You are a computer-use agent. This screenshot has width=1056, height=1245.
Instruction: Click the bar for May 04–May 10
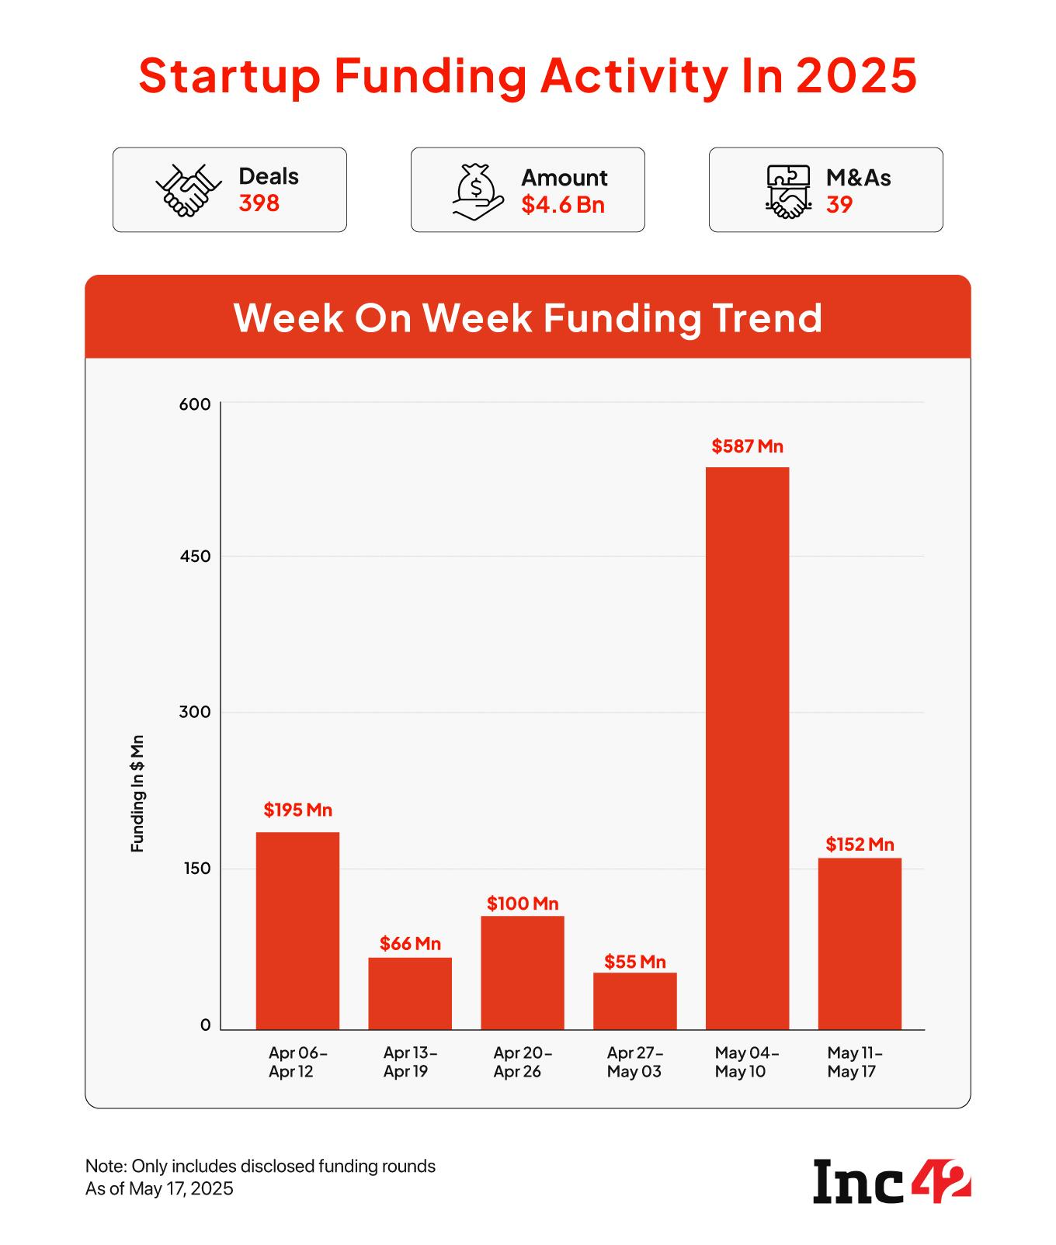click(x=747, y=748)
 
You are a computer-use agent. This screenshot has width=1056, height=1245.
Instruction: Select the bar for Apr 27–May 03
click(x=634, y=1001)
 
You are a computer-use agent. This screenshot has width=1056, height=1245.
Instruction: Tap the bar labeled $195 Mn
click(x=297, y=931)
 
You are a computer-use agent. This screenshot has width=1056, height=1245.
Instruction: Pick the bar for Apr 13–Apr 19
click(x=410, y=994)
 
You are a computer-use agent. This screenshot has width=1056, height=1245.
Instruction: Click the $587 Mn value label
click(x=747, y=446)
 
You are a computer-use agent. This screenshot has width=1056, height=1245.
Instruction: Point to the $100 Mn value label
click(x=523, y=903)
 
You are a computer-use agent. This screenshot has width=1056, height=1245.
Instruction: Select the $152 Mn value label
click(x=860, y=844)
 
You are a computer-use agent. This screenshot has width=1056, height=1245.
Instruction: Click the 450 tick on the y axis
click(x=195, y=557)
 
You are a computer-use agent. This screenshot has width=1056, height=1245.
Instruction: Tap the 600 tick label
click(x=195, y=404)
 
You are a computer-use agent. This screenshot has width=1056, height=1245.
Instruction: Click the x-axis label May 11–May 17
click(x=855, y=1063)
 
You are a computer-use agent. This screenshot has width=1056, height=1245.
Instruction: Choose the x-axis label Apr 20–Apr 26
click(x=523, y=1063)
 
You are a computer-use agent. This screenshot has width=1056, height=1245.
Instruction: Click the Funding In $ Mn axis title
click(x=137, y=793)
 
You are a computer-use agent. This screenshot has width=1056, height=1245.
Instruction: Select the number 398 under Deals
click(x=259, y=203)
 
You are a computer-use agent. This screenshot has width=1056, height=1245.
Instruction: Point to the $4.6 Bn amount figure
click(x=563, y=205)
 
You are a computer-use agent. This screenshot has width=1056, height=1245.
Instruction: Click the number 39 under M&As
click(x=839, y=205)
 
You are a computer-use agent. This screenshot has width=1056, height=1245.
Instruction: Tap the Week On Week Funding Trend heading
click(x=528, y=317)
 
